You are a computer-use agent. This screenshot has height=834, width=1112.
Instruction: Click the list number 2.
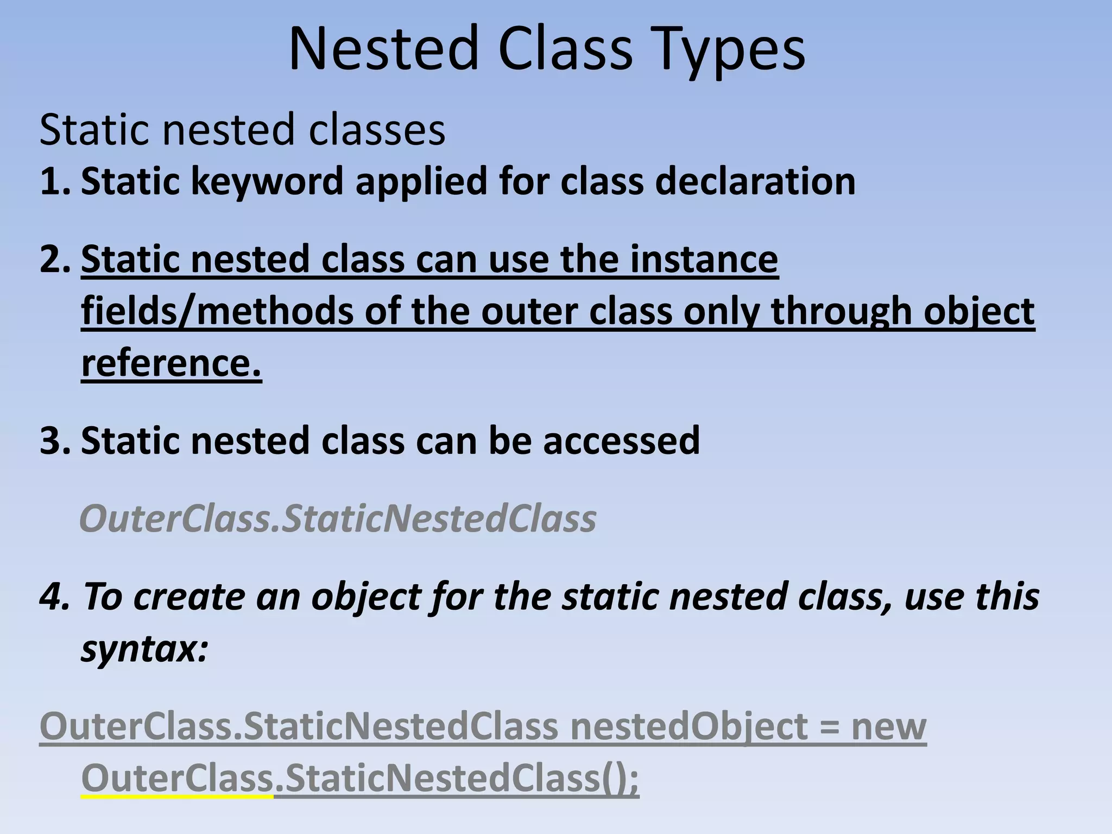[x=54, y=259]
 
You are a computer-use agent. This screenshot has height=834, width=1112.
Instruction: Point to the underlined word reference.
[x=171, y=362]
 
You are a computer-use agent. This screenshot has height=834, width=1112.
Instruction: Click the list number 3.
[x=54, y=440]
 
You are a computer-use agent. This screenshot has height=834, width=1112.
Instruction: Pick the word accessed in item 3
[x=621, y=440]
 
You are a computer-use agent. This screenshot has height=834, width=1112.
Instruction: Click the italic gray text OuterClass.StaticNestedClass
[x=337, y=519]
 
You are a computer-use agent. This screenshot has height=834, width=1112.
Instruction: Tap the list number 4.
[x=54, y=596]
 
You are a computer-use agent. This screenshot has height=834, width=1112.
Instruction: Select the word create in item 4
[x=189, y=596]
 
